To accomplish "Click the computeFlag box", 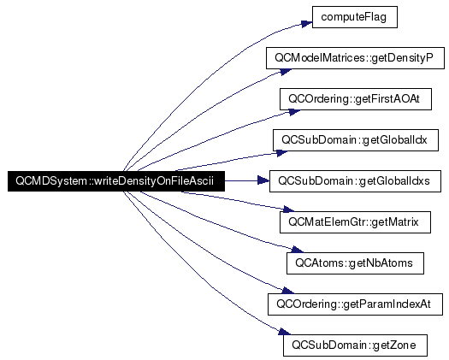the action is coord(355,17).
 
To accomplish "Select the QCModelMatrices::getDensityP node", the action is coord(355,58).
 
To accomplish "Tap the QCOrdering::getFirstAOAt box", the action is coord(356,99).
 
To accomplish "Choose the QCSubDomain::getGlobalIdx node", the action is coord(356,140).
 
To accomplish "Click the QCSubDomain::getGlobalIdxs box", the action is coord(355,181).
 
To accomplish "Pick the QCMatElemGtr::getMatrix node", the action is coord(355,222).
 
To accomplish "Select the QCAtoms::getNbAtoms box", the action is coord(355,263).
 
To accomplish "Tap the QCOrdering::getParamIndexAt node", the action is coord(355,304).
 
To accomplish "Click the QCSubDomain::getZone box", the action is coord(355,345).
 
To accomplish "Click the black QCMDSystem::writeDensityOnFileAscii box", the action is coord(116,181).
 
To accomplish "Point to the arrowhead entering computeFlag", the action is coord(306,23).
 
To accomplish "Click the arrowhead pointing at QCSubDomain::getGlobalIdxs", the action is coord(263,180).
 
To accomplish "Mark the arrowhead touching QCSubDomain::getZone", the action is coord(284,332).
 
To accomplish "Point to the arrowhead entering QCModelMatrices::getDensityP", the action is coord(286,72).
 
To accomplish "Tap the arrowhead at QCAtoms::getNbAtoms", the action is coord(297,250).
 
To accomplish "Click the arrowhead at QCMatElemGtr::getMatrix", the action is coord(287,209).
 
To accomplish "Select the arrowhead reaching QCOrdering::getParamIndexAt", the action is coord(287,291).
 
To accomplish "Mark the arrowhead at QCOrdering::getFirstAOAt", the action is coord(294,112).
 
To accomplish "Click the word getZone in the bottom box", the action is coord(394,345).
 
